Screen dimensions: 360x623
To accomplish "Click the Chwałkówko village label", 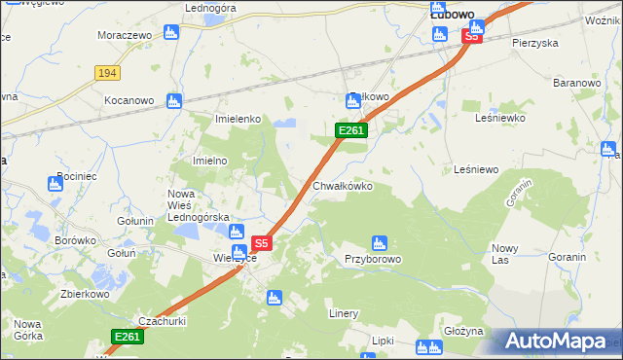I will click(x=342, y=186).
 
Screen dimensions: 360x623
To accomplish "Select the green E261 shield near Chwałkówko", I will click(x=351, y=129).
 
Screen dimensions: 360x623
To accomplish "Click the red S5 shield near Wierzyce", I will click(x=261, y=243).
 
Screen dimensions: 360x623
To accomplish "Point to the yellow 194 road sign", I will click(x=107, y=73).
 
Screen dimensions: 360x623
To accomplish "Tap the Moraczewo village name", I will click(x=124, y=34).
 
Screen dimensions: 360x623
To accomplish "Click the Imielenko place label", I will click(x=238, y=120).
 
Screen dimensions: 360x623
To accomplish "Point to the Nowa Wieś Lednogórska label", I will click(x=199, y=205).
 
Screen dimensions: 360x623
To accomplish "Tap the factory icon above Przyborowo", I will click(x=380, y=242).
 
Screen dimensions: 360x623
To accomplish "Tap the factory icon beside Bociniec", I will click(x=55, y=183).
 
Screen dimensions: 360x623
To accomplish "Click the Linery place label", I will click(x=343, y=314).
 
